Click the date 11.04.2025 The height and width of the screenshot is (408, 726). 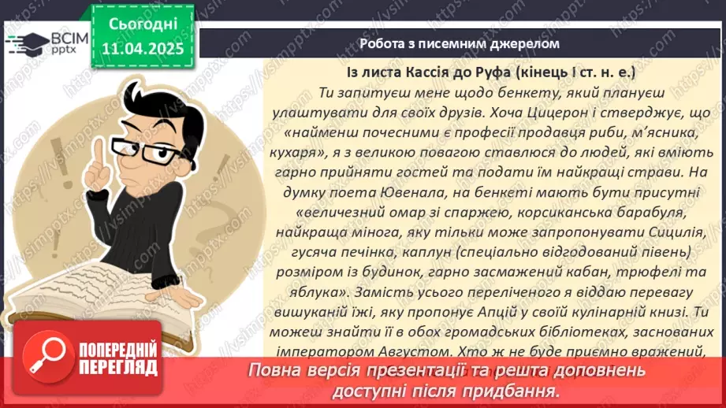point(142,49)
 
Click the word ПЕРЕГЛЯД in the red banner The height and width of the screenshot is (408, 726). point(121,367)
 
